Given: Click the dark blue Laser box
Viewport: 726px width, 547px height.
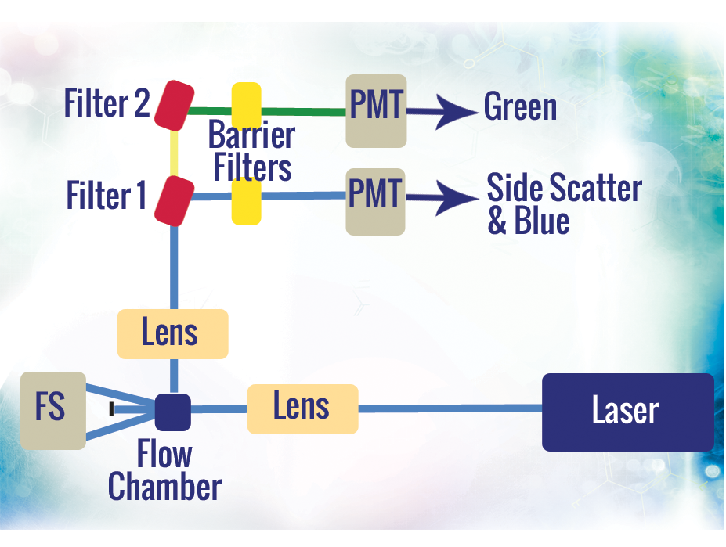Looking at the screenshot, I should click(627, 412).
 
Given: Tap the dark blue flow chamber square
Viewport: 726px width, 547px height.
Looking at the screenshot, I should click(172, 412).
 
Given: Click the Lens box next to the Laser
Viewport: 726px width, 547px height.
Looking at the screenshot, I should click(302, 408).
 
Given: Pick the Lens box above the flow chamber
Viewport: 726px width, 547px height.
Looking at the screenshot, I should click(172, 334).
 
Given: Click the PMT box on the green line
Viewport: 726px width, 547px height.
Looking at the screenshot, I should click(376, 110).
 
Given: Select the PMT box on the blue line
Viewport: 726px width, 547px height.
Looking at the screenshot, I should click(376, 201).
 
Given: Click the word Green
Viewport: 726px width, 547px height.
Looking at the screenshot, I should click(520, 107).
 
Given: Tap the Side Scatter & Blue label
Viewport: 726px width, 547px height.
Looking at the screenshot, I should click(563, 204).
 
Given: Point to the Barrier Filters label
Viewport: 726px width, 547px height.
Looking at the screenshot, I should click(251, 152).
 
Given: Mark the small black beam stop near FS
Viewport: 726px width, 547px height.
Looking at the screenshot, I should click(112, 408).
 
